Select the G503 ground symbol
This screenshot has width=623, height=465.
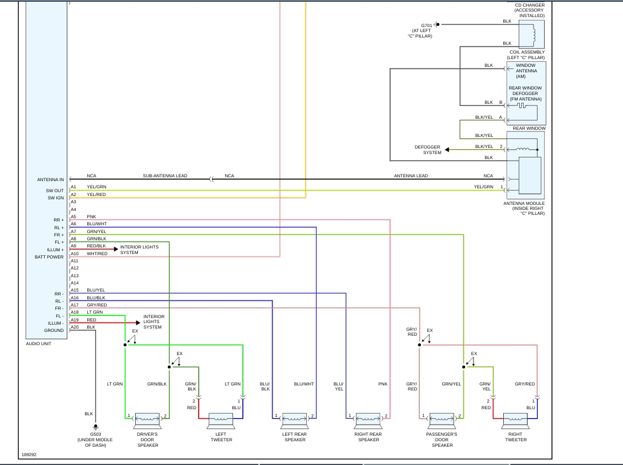[95, 426]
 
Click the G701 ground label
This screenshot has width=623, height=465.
[427, 25]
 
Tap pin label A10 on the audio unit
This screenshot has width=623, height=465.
[74, 253]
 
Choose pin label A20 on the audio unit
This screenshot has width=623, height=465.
[74, 327]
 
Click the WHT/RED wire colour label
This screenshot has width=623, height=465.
[97, 253]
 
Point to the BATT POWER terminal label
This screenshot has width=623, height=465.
[49, 257]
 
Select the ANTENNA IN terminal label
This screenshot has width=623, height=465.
[50, 179]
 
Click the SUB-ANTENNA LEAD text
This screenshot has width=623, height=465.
[165, 176]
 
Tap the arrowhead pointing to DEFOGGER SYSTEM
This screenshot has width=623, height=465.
[447, 150]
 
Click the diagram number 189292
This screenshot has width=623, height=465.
[29, 455]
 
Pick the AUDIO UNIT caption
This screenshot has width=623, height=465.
[39, 344]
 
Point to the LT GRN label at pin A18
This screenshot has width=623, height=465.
[95, 312]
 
